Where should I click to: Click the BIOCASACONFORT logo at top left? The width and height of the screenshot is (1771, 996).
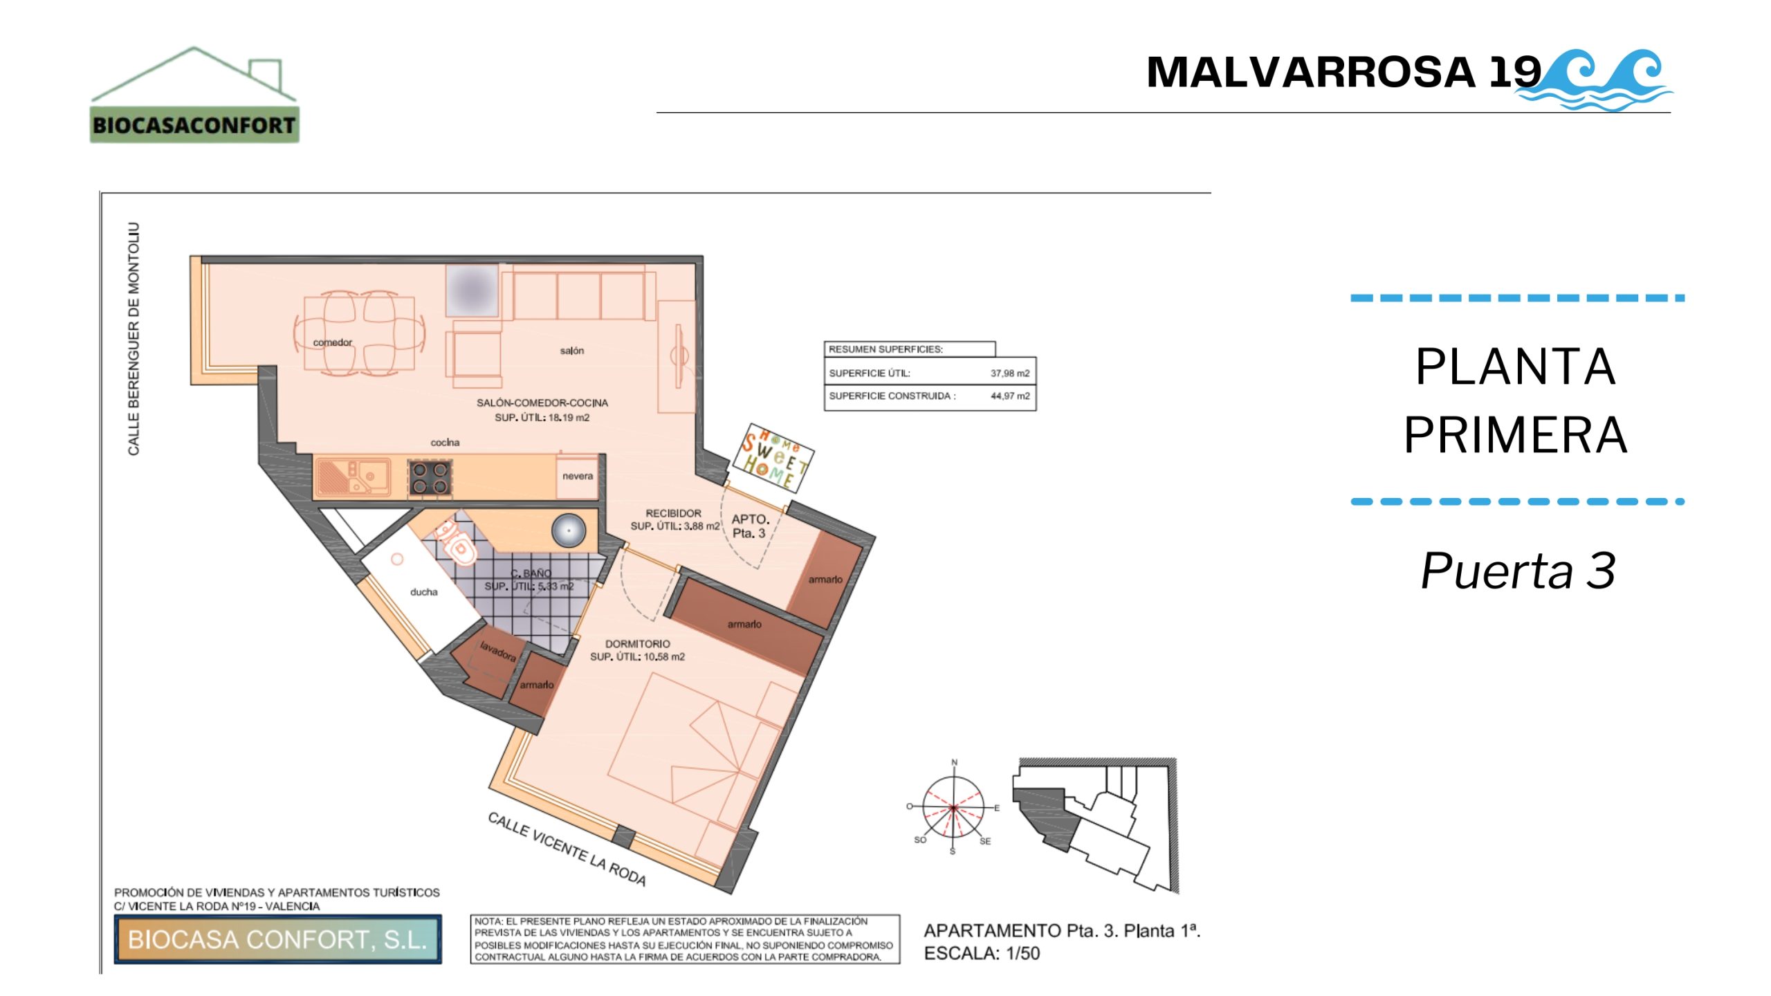[x=194, y=95]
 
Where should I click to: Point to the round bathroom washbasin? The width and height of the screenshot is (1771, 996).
[x=569, y=531]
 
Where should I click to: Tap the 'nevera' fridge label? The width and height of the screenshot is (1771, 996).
[x=578, y=476]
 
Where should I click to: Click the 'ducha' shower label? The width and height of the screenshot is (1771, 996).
[x=423, y=592]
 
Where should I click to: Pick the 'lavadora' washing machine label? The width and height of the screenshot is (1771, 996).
[x=498, y=650]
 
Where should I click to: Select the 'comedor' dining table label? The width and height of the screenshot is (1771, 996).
[x=332, y=342]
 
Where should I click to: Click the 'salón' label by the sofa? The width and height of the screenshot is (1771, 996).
[x=572, y=351]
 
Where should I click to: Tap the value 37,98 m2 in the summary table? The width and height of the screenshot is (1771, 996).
[x=1010, y=373]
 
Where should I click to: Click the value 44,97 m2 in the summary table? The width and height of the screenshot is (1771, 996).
[x=1010, y=396]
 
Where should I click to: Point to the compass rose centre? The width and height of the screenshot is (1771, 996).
[x=953, y=807]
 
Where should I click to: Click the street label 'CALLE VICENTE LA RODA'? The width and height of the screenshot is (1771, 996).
[x=567, y=849]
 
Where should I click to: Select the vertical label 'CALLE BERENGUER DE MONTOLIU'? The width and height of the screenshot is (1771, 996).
[x=134, y=339]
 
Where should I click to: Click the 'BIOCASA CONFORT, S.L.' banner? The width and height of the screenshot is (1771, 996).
[x=277, y=939]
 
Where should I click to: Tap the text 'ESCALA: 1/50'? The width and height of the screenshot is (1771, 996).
[x=982, y=953]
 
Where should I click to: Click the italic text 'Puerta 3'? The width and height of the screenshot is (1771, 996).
[x=1518, y=571]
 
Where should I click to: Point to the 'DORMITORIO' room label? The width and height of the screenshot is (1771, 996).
[x=637, y=644]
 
